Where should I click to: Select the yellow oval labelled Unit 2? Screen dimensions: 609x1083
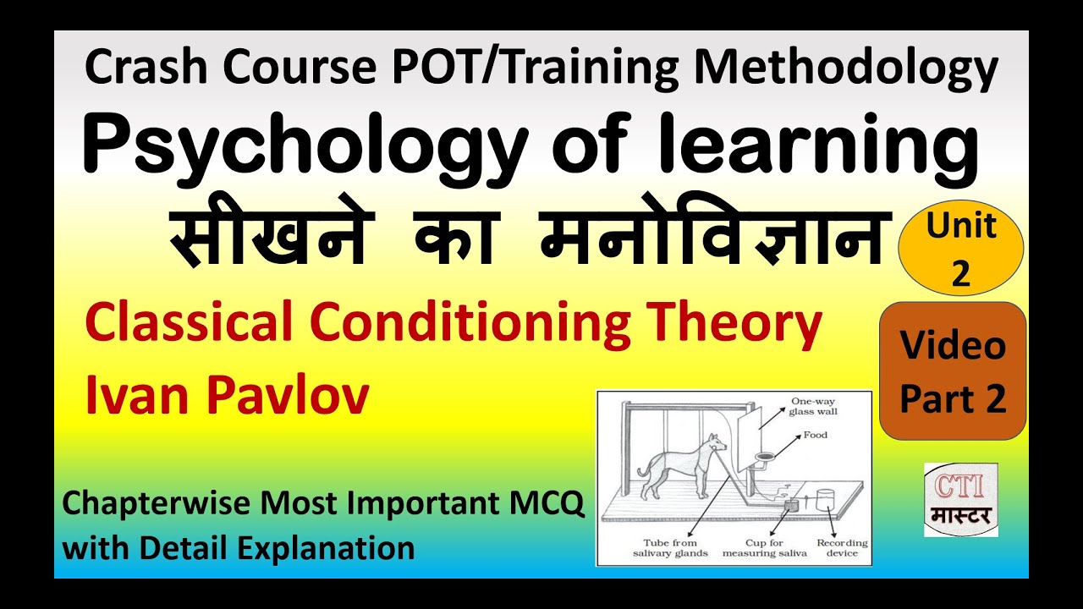961,251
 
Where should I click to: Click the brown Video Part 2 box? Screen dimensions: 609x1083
953,371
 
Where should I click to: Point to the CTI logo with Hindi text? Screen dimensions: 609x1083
960,500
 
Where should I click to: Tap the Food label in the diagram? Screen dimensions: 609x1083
816,436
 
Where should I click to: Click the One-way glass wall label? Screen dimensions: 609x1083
811,407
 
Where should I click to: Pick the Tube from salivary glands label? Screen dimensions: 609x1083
669,547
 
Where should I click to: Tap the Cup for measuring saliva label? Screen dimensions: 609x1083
765,547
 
